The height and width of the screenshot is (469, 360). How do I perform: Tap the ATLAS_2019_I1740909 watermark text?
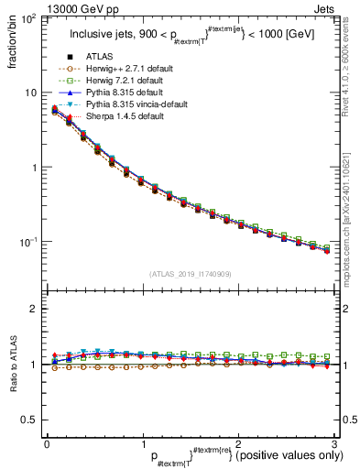tap(190, 274)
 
